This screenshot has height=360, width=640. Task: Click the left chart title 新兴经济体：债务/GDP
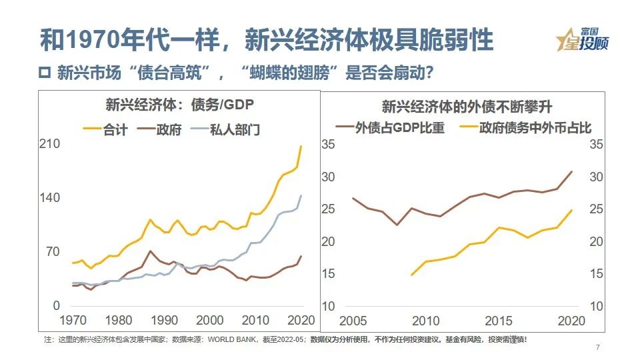point(179,105)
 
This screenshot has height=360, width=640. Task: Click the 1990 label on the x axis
point(164,319)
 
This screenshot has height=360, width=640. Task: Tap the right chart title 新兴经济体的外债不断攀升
point(467,105)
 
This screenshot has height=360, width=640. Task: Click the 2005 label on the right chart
point(352,319)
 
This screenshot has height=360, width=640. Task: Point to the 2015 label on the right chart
point(499,319)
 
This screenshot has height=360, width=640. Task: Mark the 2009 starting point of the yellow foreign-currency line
point(411,275)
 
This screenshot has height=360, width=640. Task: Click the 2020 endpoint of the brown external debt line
point(572,171)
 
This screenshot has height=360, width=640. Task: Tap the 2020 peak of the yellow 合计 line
point(301,146)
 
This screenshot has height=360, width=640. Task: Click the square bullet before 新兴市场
point(45,72)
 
